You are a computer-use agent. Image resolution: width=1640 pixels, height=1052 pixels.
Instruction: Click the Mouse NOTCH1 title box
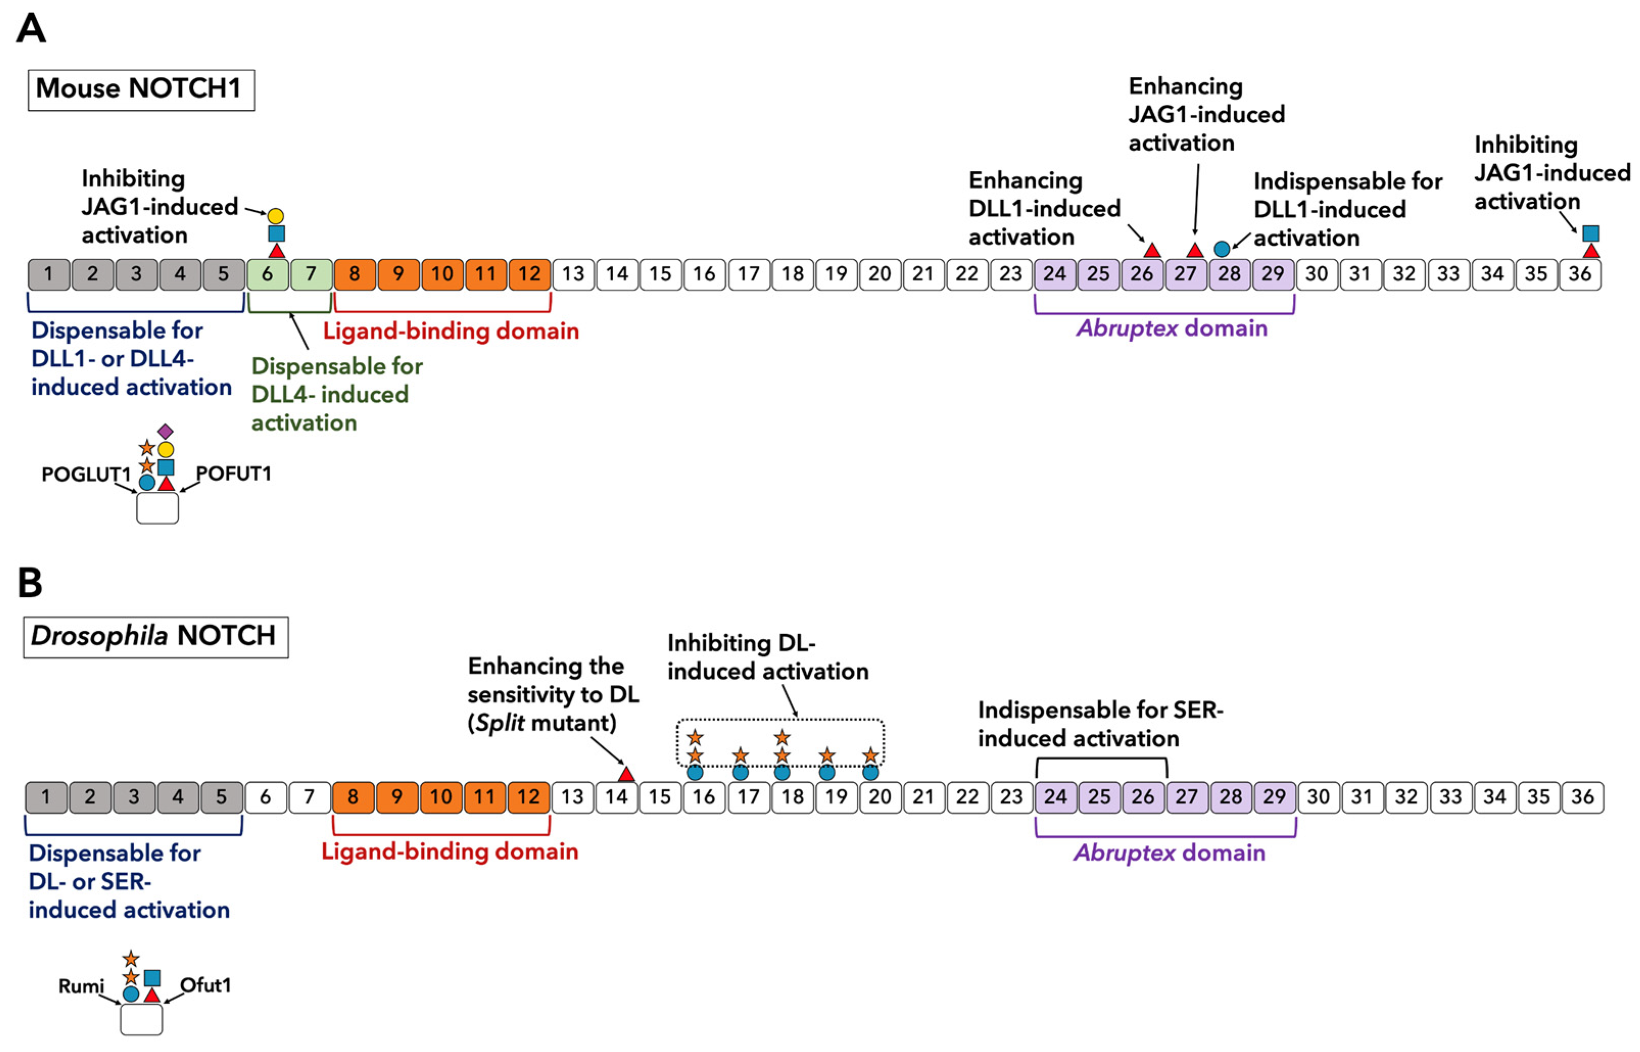(x=141, y=89)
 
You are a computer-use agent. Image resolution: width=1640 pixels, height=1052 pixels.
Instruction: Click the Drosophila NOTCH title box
(x=155, y=637)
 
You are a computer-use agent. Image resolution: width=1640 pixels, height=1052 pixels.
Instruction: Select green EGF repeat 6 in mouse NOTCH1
(x=267, y=274)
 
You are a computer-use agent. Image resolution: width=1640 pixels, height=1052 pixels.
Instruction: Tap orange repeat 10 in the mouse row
(x=442, y=274)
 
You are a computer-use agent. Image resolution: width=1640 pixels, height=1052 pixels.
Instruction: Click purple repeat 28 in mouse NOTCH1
(x=1229, y=274)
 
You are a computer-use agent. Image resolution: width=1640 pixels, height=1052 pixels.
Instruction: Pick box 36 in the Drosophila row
(x=1582, y=797)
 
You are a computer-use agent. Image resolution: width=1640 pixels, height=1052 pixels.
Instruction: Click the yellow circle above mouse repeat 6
(x=275, y=216)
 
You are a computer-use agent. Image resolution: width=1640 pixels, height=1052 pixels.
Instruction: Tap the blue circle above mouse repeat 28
(x=1221, y=249)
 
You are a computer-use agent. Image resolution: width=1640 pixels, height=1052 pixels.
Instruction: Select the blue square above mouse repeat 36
(x=1591, y=233)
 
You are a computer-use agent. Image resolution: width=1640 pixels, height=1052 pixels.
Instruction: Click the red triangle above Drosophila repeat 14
(x=625, y=775)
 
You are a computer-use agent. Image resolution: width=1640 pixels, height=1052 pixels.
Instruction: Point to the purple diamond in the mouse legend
(x=165, y=431)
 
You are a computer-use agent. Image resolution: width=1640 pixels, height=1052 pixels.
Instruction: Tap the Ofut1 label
(x=205, y=985)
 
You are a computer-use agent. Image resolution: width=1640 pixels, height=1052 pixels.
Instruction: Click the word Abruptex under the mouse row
(x=1127, y=328)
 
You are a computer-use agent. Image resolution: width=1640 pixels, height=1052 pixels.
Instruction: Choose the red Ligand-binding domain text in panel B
(x=449, y=852)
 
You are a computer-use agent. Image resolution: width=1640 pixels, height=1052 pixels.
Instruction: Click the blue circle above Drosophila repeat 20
(x=870, y=773)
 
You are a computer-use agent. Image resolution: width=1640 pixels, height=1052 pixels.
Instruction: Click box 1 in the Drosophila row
(x=46, y=797)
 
